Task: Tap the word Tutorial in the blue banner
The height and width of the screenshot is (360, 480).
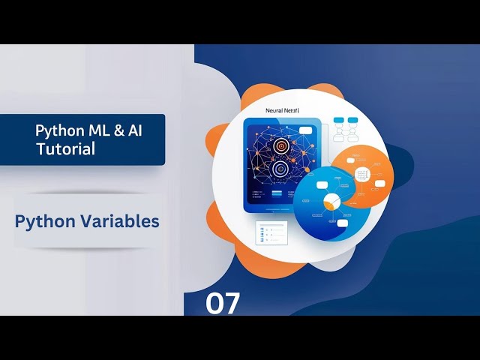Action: [66, 149]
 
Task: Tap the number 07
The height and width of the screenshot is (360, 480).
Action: [223, 304]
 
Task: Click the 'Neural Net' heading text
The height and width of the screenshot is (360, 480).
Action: [287, 109]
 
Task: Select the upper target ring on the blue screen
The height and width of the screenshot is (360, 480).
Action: [282, 146]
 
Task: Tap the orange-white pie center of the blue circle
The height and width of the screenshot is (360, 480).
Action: [331, 202]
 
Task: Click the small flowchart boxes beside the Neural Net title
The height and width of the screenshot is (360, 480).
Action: [348, 128]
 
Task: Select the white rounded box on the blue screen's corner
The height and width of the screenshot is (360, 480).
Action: [306, 130]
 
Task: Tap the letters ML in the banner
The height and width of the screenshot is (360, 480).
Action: [94, 130]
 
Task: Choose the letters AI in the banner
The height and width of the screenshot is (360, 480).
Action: [134, 130]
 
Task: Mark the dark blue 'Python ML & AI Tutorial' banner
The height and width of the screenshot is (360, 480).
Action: [82, 139]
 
